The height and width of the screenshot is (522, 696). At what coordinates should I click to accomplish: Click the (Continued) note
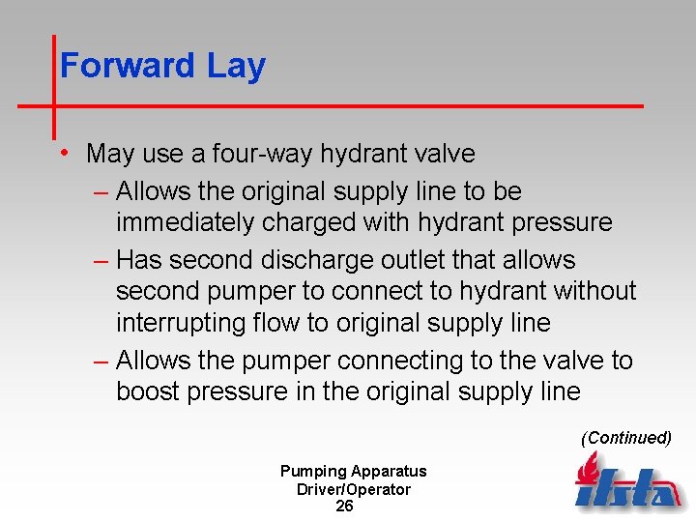[625, 438]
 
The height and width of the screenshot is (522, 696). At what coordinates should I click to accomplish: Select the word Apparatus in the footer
[389, 472]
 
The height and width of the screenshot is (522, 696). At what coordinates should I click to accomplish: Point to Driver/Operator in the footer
[354, 489]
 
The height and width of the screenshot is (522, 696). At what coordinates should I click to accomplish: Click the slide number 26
[344, 506]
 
